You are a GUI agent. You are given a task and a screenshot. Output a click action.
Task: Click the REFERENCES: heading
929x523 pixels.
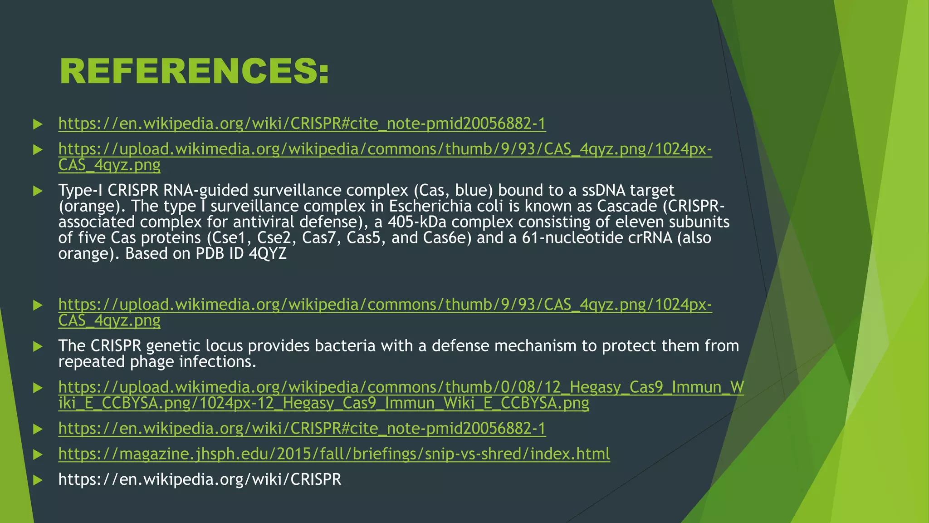point(194,72)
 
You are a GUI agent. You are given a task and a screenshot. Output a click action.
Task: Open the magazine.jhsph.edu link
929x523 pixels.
point(334,454)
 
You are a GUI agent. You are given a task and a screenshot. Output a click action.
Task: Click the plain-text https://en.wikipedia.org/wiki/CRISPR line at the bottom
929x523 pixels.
point(200,479)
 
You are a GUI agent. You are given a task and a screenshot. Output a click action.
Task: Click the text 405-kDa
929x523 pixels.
point(414,222)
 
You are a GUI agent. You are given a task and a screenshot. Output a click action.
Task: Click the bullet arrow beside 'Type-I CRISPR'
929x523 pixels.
point(38,191)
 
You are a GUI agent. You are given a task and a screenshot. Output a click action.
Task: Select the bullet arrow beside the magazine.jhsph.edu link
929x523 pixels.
point(38,454)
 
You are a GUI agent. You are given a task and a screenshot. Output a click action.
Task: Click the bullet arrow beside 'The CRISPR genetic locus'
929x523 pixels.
point(38,346)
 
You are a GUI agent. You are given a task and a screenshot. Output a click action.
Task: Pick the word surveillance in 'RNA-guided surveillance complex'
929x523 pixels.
point(297,190)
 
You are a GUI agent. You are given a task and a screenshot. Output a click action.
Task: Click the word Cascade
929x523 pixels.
point(626,206)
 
